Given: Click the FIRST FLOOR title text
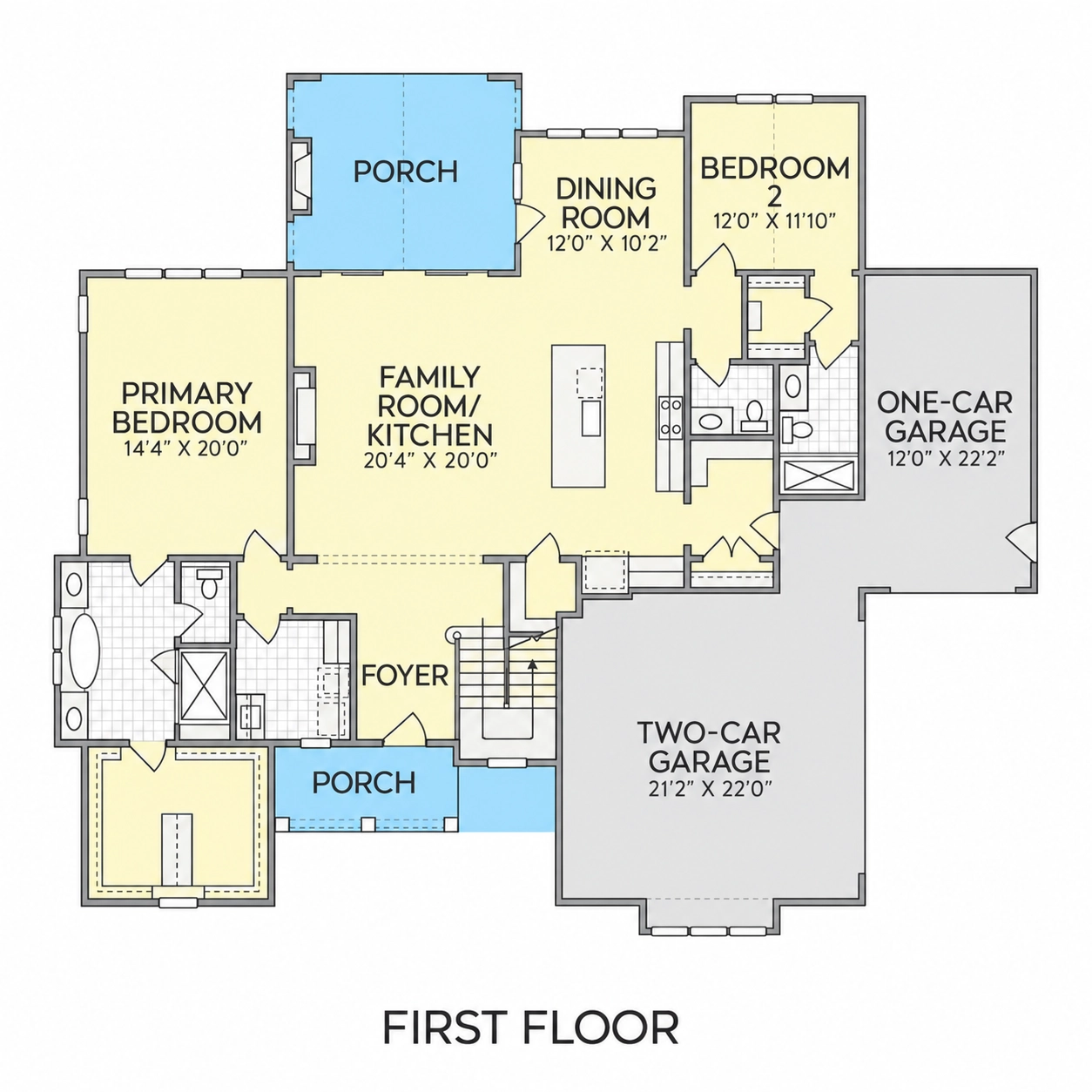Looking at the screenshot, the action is click(x=530, y=1028).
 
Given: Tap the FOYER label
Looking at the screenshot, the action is click(x=405, y=676).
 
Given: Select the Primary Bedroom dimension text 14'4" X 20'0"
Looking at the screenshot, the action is click(x=186, y=449).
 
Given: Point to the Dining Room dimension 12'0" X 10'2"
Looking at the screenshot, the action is click(x=605, y=243).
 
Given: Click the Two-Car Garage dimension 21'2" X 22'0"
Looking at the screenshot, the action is click(x=711, y=788).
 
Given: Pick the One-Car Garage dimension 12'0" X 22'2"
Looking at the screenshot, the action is click(x=945, y=457).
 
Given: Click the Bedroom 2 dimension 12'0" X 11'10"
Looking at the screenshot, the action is click(x=775, y=220).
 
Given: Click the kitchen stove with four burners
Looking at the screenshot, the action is click(x=670, y=418).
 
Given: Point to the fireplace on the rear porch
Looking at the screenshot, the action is click(x=300, y=176).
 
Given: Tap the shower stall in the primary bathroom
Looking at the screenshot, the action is click(x=204, y=685).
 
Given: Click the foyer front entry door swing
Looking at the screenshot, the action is click(x=405, y=727).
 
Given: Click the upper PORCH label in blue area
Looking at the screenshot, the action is click(x=405, y=172).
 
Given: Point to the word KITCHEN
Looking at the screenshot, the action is click(x=430, y=435).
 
